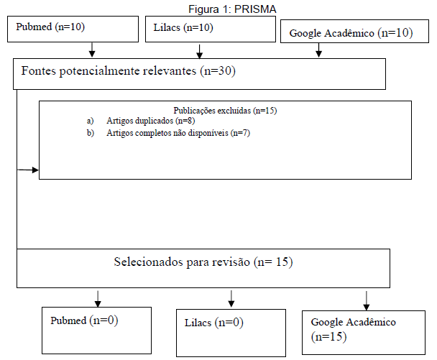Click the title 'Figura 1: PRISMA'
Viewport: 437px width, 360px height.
coord(232,9)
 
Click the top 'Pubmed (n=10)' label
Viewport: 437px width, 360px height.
coord(50,27)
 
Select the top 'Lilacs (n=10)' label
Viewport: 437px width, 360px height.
coord(183,27)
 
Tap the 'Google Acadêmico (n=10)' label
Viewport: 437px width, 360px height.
coord(351,33)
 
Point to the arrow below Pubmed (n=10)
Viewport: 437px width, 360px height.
coord(92,50)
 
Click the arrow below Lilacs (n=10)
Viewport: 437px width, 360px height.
coord(199,52)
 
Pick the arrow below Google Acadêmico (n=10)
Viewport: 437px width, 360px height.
coord(319,50)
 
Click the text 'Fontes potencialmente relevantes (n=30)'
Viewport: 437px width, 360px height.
coord(129,70)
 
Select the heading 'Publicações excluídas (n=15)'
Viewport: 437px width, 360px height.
coord(225,111)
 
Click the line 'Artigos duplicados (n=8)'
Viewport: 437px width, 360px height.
coord(150,121)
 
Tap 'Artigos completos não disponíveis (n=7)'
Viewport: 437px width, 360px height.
coord(178,133)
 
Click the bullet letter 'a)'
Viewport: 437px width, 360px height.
coord(90,121)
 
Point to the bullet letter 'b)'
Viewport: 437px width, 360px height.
coord(91,133)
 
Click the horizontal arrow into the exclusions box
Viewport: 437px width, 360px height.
coord(28,170)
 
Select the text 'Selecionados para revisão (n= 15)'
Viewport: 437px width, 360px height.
coord(203,262)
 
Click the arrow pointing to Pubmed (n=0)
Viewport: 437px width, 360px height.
coord(98,299)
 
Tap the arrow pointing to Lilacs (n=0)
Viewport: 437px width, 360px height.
coord(231,299)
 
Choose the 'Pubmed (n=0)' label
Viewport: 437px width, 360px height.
coord(84,320)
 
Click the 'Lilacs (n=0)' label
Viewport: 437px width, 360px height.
coord(213,323)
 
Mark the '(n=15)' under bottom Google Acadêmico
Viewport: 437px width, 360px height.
coord(329,337)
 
